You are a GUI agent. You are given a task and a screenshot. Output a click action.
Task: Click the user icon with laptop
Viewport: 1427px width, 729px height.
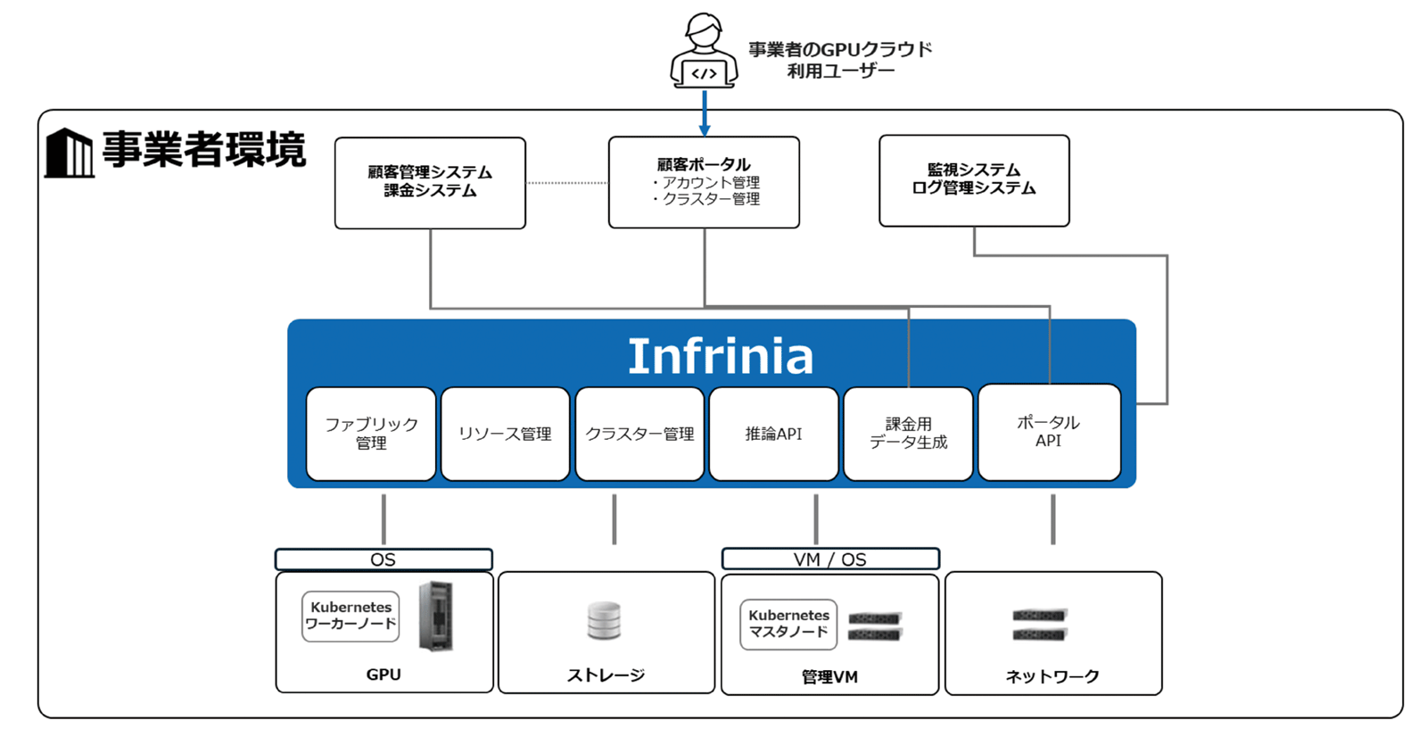[704, 52]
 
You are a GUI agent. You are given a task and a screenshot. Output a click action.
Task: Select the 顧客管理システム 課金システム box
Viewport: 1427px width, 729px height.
[430, 182]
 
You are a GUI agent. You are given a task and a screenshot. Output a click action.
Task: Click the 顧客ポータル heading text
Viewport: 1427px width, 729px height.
[704, 164]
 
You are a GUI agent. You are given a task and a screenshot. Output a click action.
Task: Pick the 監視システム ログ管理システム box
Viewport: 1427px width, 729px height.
[974, 180]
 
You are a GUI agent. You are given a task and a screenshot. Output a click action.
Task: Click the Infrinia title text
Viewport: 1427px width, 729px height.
[721, 356]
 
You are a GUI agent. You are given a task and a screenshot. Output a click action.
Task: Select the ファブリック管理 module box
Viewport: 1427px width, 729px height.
[371, 434]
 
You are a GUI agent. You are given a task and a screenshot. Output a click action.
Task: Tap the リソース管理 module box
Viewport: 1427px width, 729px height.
[505, 434]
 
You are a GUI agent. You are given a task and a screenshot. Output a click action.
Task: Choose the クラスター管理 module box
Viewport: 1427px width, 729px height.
[639, 434]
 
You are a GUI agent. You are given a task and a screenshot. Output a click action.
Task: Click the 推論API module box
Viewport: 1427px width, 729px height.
[773, 434]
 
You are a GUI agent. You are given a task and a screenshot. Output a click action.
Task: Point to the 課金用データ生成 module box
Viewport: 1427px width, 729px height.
[908, 434]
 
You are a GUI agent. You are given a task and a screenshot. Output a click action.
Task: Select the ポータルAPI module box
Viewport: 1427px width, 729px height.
[1049, 432]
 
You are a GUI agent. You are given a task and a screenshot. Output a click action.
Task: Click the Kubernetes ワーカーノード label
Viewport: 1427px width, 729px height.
[351, 616]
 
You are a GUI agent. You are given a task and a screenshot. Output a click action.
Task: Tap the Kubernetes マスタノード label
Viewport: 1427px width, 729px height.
[788, 624]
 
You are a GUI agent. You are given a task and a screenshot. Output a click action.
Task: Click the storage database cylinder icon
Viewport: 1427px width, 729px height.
[604, 621]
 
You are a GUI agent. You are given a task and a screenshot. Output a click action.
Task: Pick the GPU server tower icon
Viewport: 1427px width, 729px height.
[436, 616]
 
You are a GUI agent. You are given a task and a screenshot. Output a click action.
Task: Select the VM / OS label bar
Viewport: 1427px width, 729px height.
[829, 559]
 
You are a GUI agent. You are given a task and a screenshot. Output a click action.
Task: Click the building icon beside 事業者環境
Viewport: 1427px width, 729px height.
[69, 153]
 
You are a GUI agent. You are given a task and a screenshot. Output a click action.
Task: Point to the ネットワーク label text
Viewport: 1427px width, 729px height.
[1052, 676]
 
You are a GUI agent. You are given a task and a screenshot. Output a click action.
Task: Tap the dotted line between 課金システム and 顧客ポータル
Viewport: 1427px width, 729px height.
[567, 183]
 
